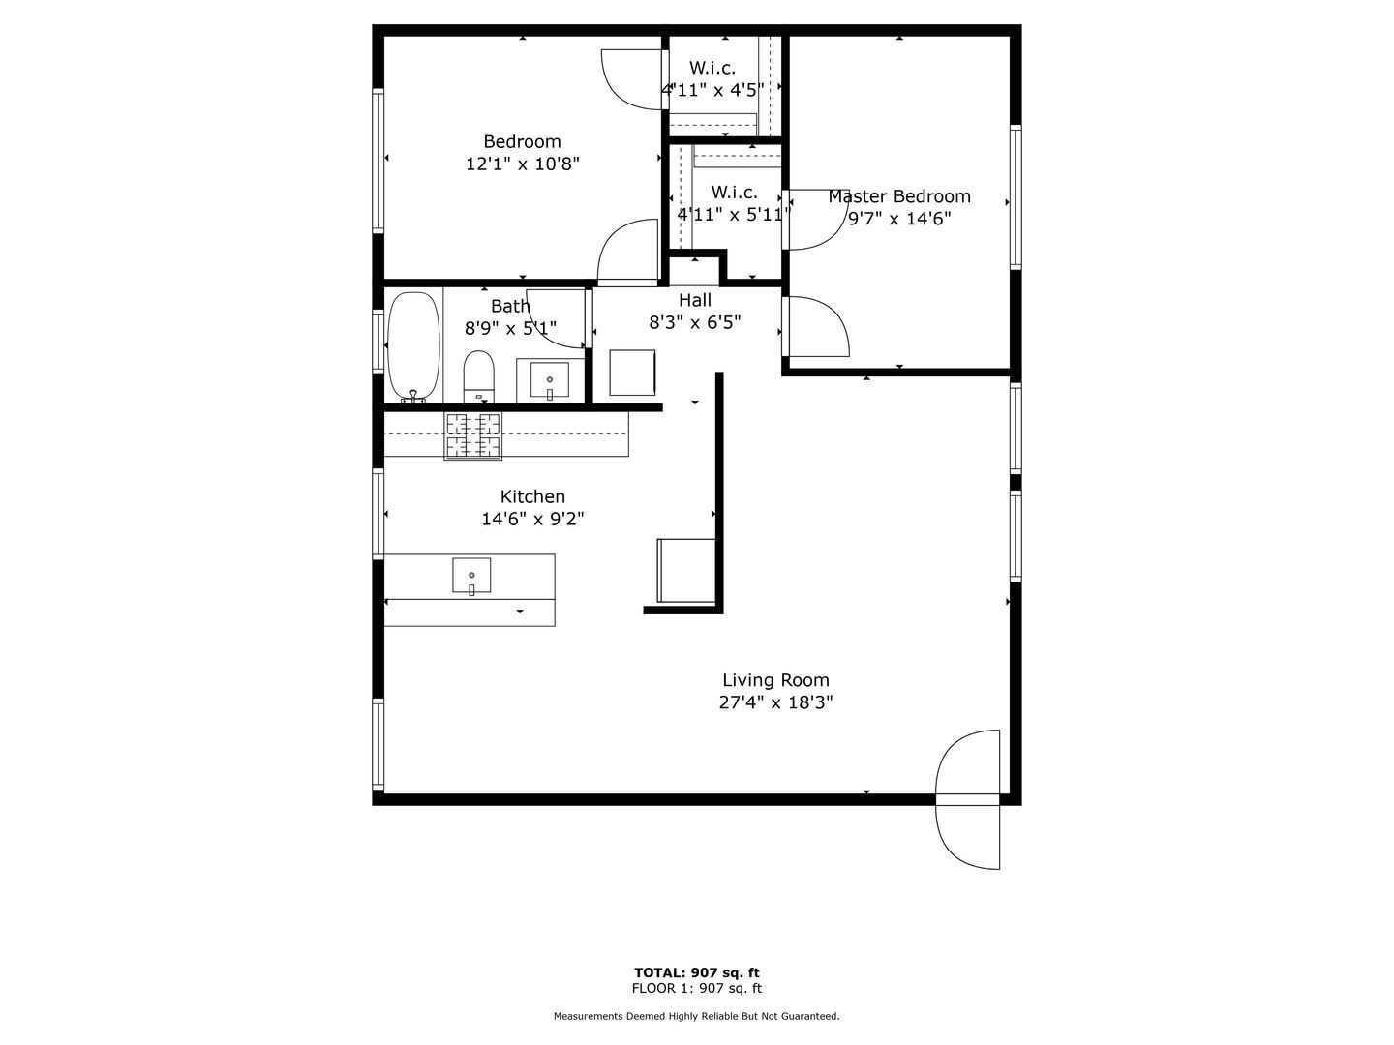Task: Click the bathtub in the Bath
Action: pyautogui.click(x=413, y=346)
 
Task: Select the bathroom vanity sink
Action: pyautogui.click(x=550, y=379)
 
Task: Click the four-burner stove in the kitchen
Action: pyautogui.click(x=473, y=435)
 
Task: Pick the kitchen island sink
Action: pyautogui.click(x=471, y=575)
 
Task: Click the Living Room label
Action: pyautogui.click(x=775, y=680)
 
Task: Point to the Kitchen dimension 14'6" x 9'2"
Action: pyautogui.click(x=532, y=520)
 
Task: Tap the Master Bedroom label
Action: pyautogui.click(x=898, y=196)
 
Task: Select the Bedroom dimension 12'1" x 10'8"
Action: pyautogui.click(x=523, y=164)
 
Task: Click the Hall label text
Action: pyautogui.click(x=695, y=300)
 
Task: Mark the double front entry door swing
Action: pyautogui.click(x=968, y=799)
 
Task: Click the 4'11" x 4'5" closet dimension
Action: pyautogui.click(x=713, y=90)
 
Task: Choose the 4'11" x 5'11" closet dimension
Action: pyautogui.click(x=733, y=215)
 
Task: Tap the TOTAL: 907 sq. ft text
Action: pyautogui.click(x=697, y=972)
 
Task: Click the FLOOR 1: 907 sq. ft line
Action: pyautogui.click(x=697, y=988)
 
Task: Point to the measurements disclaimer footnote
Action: pyautogui.click(x=697, y=1016)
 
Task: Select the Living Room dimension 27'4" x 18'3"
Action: pyautogui.click(x=775, y=703)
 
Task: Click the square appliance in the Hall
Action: pyautogui.click(x=632, y=373)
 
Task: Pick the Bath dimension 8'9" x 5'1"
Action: pyautogui.click(x=511, y=329)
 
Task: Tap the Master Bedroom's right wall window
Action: pyautogui.click(x=1015, y=196)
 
